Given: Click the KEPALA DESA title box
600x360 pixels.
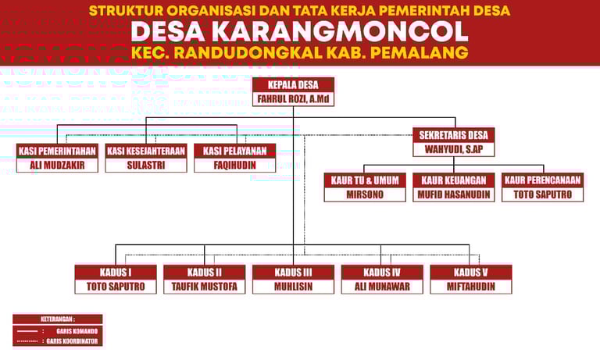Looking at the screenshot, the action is (294, 85).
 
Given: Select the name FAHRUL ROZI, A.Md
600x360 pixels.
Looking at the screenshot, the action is (294, 99).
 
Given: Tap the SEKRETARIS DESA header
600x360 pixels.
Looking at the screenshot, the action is (454, 134).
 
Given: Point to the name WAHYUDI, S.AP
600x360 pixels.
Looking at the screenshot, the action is (454, 148).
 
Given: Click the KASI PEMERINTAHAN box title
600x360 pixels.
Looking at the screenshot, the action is (57, 151).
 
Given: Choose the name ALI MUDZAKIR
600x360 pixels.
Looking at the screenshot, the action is (57, 165).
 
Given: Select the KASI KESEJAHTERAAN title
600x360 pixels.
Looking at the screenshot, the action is (146, 151).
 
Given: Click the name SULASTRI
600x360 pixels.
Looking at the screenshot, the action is (146, 165).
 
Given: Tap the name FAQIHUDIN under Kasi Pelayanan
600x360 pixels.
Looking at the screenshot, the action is (234, 165).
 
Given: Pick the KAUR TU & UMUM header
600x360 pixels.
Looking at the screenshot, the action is (365, 180).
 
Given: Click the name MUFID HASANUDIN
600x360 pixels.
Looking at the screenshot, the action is (454, 194).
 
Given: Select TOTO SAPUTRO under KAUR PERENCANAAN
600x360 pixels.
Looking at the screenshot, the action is (542, 194).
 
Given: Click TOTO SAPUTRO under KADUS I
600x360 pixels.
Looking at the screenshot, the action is (116, 287).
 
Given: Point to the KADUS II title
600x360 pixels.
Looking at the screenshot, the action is (205, 273).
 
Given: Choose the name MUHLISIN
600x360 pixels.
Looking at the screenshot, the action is (294, 287).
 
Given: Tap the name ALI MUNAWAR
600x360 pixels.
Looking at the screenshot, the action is (382, 287).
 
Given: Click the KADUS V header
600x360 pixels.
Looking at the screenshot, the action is (471, 273).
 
